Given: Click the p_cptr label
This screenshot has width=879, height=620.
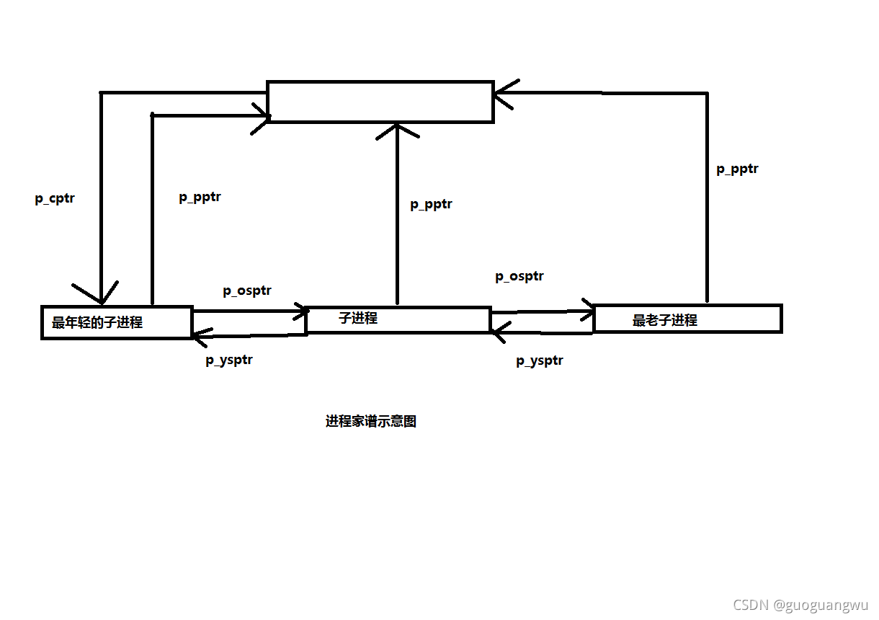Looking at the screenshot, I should pyautogui.click(x=55, y=199).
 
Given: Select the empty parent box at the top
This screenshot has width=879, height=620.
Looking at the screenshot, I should pyautogui.click(x=380, y=102).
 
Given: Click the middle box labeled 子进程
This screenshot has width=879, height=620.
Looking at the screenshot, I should pyautogui.click(x=398, y=319).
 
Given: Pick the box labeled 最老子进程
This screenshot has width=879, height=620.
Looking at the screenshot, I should pyautogui.click(x=687, y=319).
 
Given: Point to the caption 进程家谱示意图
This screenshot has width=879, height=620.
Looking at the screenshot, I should pyautogui.click(x=370, y=422).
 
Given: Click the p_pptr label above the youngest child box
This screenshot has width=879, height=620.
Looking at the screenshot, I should pyautogui.click(x=200, y=198).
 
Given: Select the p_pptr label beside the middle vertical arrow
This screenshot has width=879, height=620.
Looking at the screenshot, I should pyautogui.click(x=431, y=205).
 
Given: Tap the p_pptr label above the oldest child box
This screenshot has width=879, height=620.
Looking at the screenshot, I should pyautogui.click(x=737, y=169).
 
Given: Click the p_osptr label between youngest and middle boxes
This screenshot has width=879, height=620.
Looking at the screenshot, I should pyautogui.click(x=246, y=291).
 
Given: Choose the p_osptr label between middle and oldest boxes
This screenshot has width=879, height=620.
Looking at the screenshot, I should pyautogui.click(x=519, y=276).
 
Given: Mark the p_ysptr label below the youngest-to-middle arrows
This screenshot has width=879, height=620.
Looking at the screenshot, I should pyautogui.click(x=228, y=360).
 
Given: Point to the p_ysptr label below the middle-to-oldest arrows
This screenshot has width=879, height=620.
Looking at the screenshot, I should pyautogui.click(x=539, y=361).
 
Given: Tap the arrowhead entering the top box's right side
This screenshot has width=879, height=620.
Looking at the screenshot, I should pyautogui.click(x=503, y=92).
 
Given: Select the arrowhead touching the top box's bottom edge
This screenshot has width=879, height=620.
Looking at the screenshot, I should pyautogui.click(x=397, y=130).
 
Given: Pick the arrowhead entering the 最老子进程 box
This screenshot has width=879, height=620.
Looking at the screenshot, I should pyautogui.click(x=587, y=311).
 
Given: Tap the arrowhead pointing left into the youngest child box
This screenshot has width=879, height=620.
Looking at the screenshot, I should pyautogui.click(x=200, y=334).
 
